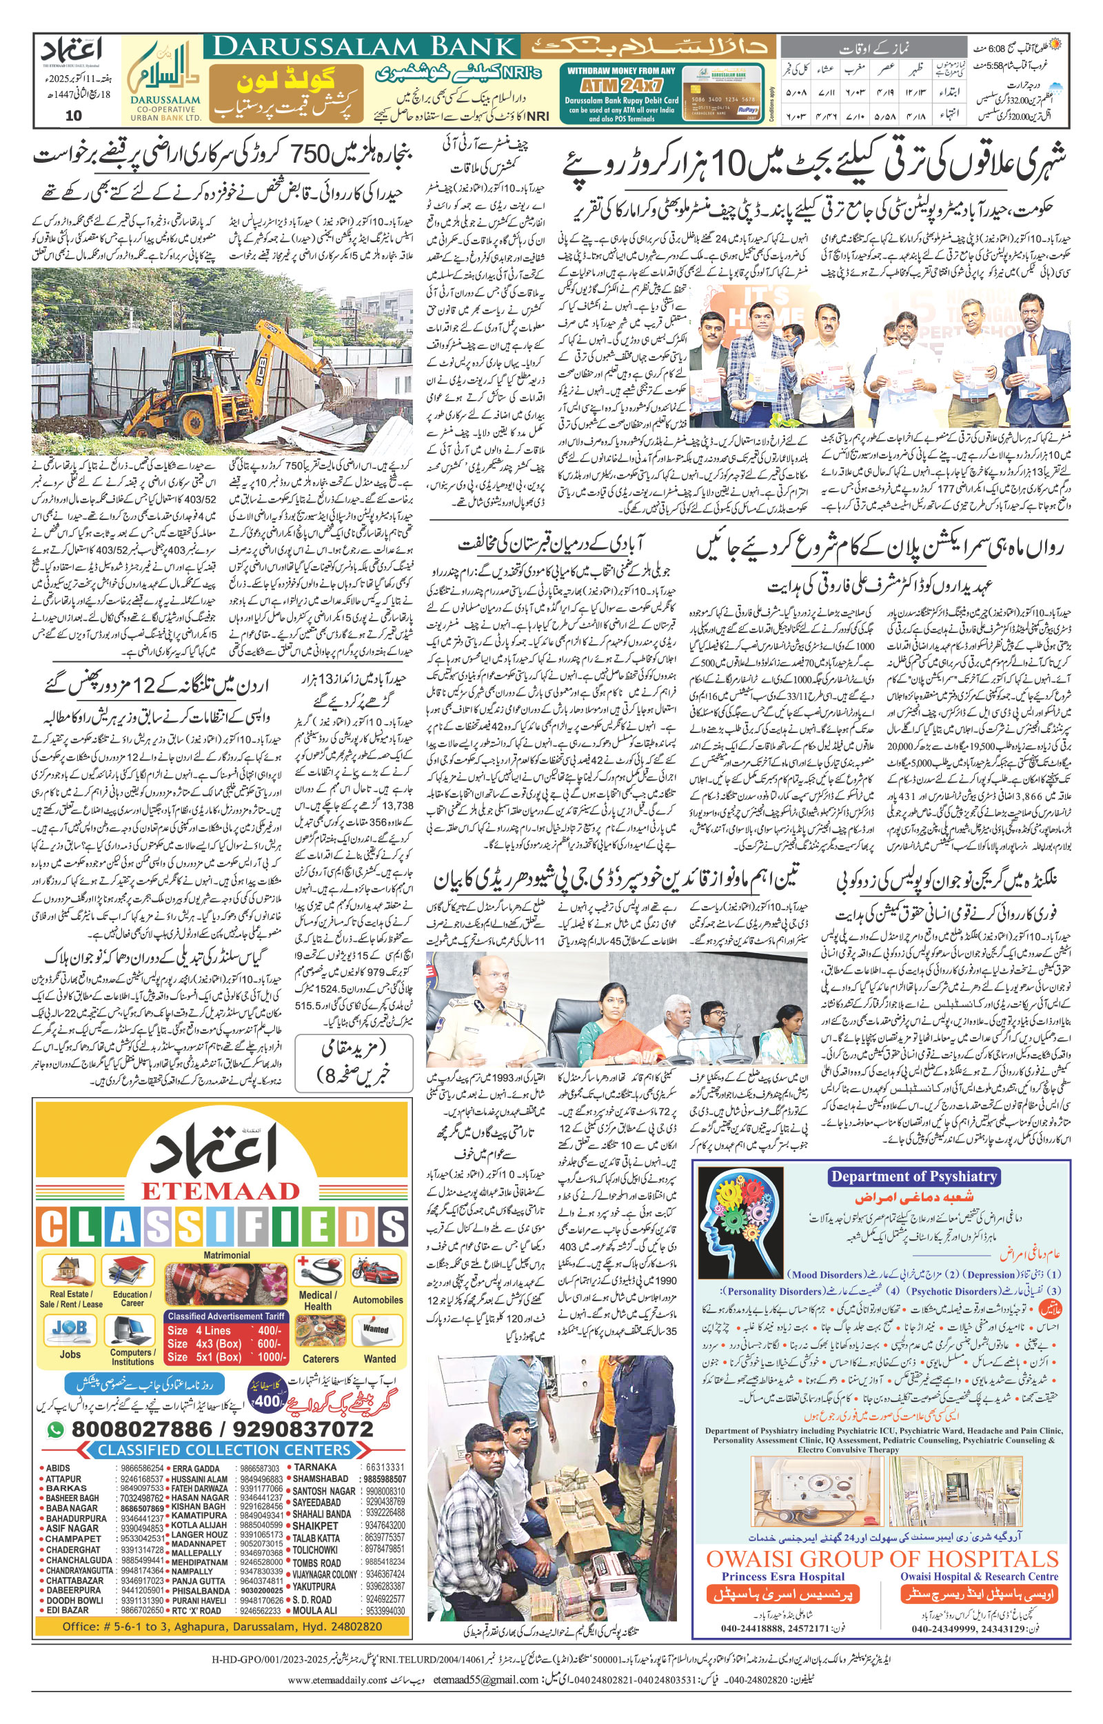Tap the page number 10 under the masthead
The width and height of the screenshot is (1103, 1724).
click(x=73, y=116)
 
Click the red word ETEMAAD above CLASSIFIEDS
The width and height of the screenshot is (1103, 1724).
click(x=220, y=1191)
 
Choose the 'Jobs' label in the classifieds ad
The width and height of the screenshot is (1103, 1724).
click(x=70, y=1354)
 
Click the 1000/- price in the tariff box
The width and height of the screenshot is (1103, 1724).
click(x=272, y=1356)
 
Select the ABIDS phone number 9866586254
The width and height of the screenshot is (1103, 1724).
click(x=143, y=1467)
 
